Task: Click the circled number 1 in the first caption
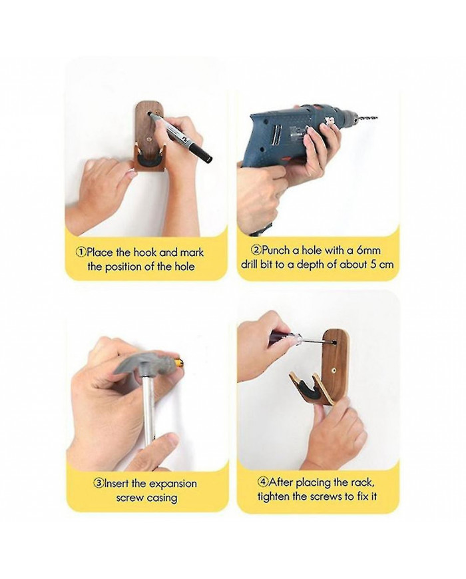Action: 81,253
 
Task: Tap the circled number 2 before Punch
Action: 256,251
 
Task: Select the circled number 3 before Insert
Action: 98,483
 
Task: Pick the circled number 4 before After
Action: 263,482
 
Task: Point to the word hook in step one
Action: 145,253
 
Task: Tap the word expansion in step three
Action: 173,484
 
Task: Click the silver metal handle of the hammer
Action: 148,406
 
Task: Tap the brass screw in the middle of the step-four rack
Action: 334,370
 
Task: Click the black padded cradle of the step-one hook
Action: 148,160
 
